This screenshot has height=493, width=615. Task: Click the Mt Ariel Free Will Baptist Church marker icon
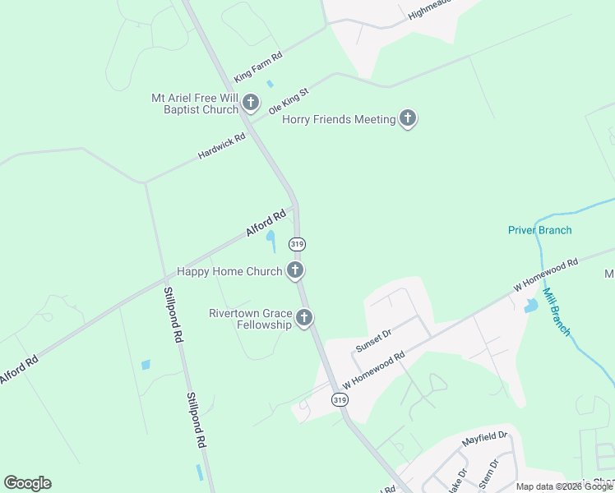[x=251, y=103]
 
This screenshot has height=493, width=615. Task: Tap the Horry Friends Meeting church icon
[x=407, y=119]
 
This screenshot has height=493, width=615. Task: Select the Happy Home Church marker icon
[x=295, y=270]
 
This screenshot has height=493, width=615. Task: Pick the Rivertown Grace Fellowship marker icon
[x=305, y=318]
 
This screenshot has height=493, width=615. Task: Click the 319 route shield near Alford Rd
[x=297, y=244]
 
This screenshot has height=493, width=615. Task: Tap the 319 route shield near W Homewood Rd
[x=340, y=399]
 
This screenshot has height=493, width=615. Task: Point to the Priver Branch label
[x=539, y=230]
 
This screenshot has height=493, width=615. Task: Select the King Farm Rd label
[x=258, y=67]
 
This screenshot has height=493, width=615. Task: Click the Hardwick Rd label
[x=222, y=147]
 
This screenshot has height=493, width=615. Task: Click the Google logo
[x=27, y=483]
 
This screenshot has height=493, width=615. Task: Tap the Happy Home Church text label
[x=229, y=271]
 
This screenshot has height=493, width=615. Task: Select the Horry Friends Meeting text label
[x=339, y=120]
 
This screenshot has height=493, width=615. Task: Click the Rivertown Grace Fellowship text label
[x=250, y=319]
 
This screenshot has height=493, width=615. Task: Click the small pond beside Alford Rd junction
[x=271, y=239]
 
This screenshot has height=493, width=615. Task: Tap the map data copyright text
[x=564, y=487]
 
